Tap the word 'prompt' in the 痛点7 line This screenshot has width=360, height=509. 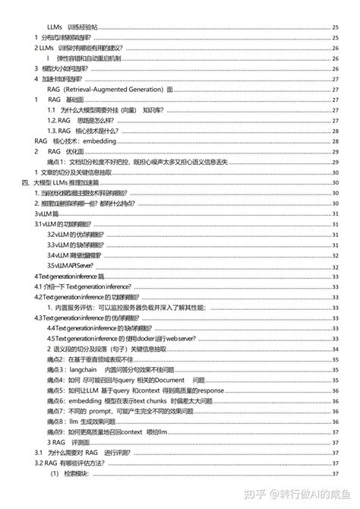113,409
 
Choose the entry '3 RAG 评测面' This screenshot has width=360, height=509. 72,441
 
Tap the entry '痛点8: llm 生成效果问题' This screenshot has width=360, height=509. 91,419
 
